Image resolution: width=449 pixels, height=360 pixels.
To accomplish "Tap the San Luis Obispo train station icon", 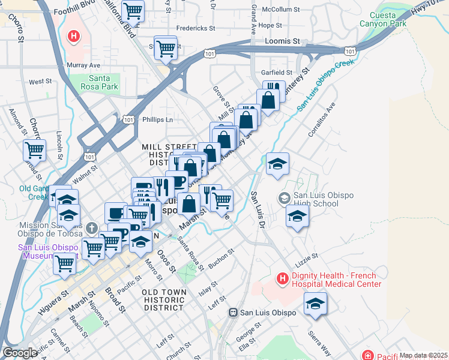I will pos(234,313).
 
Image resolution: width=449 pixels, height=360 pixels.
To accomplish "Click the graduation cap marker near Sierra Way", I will pos(315,304).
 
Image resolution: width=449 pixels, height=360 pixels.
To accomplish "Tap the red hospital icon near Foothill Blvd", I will pos(73,37).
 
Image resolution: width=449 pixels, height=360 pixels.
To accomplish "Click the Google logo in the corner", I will pos(20,353).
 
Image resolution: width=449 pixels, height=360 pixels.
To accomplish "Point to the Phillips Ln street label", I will pos(157,119).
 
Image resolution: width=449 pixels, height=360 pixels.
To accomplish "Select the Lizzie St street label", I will pos(306,257).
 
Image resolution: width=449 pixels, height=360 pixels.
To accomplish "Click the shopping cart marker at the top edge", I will pos(133,10).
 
